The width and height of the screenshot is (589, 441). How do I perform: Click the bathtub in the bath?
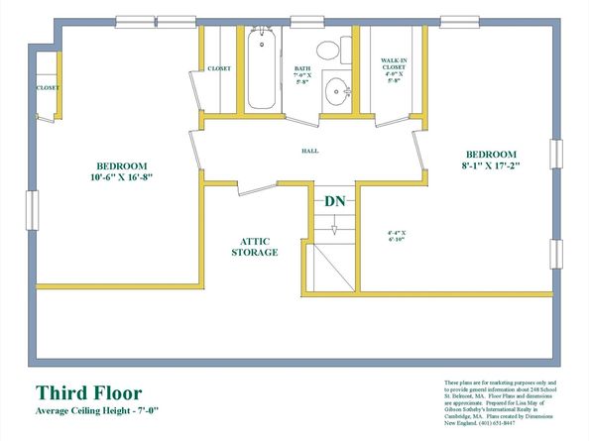pyautogui.click(x=262, y=69)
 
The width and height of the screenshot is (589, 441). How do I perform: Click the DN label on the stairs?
pyautogui.click(x=335, y=201)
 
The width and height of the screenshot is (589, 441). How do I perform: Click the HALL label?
pyautogui.click(x=309, y=152)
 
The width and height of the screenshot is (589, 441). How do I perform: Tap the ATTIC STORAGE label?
pyautogui.click(x=255, y=247)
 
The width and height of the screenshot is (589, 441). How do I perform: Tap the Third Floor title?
pyautogui.click(x=89, y=391)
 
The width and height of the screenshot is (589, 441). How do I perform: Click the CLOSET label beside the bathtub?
pyautogui.click(x=219, y=68)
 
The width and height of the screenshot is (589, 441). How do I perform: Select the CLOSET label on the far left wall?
pyautogui.click(x=47, y=87)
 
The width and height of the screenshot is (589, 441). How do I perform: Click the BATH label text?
pyautogui.click(x=302, y=69)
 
